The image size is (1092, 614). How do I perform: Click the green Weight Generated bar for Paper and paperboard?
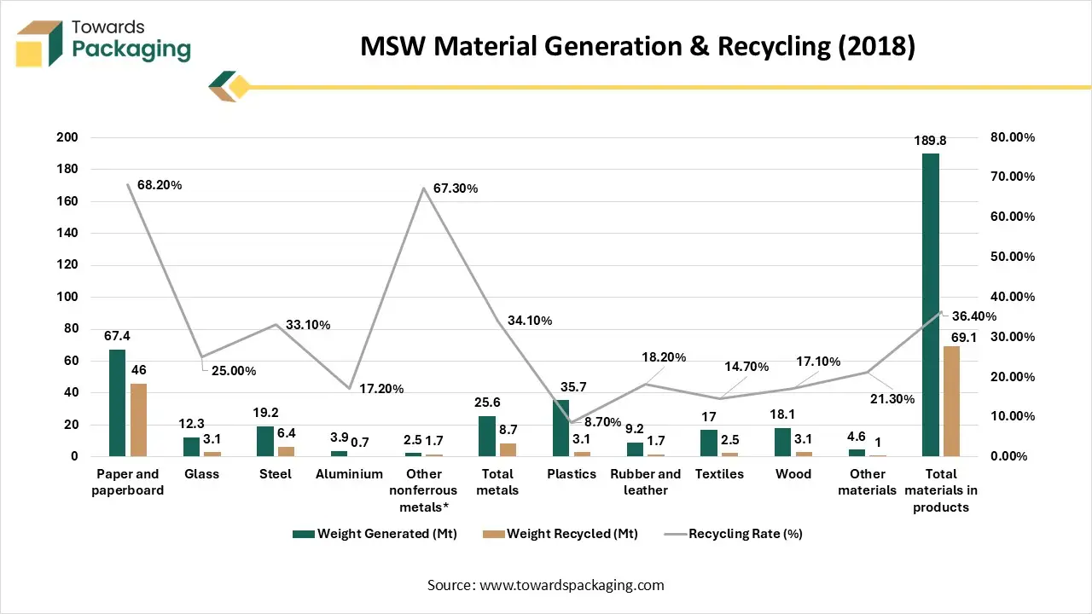(x=117, y=403)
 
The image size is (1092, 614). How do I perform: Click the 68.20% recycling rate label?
(x=160, y=185)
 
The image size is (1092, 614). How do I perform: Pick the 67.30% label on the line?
(x=456, y=188)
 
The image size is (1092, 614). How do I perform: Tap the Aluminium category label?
(x=349, y=474)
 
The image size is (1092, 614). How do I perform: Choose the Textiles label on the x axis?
(x=719, y=474)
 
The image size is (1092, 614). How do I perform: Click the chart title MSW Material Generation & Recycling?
(x=637, y=46)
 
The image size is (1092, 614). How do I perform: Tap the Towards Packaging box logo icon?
(x=40, y=43)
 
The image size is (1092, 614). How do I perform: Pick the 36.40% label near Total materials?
(x=973, y=316)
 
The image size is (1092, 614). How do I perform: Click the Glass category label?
(x=201, y=474)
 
